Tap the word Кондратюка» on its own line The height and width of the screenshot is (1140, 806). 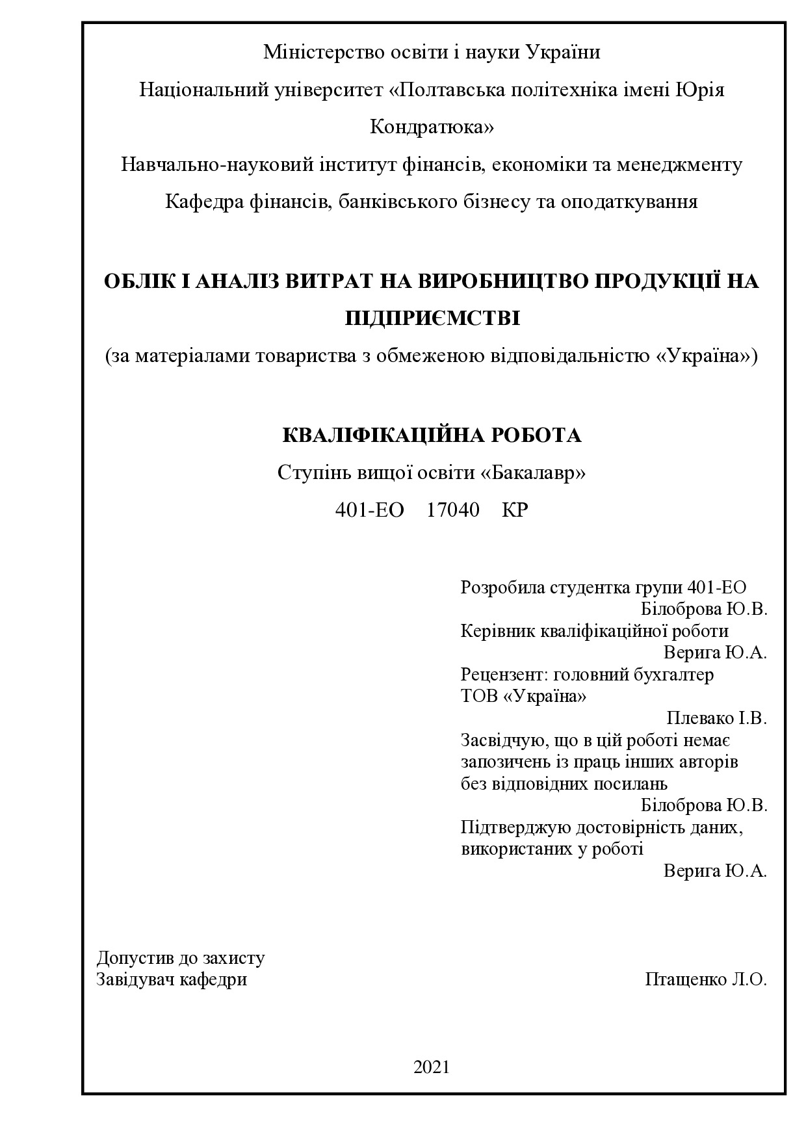click(432, 127)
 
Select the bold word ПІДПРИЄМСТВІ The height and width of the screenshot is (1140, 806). click(432, 319)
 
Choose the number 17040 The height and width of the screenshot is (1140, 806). click(453, 510)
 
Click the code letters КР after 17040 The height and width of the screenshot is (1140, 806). click(515, 510)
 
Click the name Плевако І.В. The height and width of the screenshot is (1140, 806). click(717, 718)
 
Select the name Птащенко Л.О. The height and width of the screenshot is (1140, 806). click(706, 979)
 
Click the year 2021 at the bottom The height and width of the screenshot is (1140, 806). click(432, 1067)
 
